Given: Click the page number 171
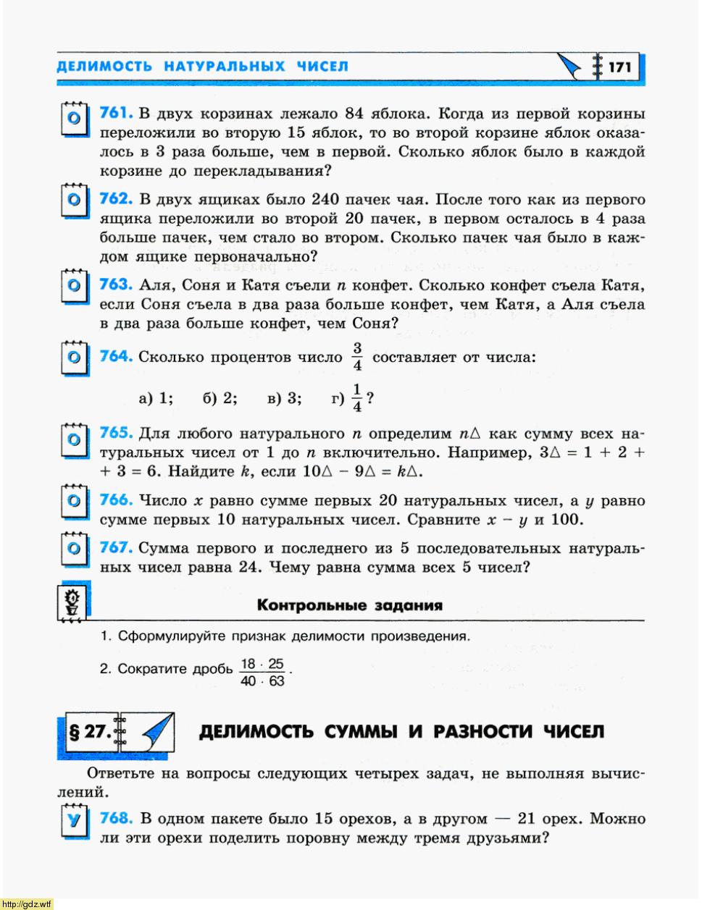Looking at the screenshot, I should (x=619, y=67).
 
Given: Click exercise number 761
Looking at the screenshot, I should (x=115, y=113).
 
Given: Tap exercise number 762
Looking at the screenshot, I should (x=115, y=198).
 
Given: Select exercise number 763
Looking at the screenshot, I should (x=115, y=285).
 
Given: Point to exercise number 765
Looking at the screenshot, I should (x=115, y=433).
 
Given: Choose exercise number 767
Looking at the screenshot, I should (x=115, y=547).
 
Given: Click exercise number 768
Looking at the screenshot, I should (x=116, y=818).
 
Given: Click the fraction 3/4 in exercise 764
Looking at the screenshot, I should (x=357, y=357).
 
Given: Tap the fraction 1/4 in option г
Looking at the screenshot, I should (x=356, y=398).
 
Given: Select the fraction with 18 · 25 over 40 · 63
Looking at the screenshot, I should (x=262, y=673).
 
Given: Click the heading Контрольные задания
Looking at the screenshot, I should (x=349, y=605).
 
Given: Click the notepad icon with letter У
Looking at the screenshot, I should (x=73, y=822).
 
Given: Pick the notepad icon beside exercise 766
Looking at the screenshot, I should (x=73, y=502).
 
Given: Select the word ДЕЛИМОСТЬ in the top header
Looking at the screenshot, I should (x=104, y=67).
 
